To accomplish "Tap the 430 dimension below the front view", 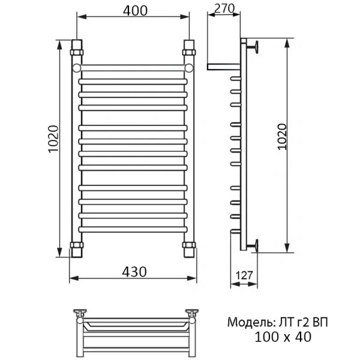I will (134, 271).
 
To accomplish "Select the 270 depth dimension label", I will (223, 8).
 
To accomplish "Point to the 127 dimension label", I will (244, 277).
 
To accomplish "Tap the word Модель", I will (246, 322).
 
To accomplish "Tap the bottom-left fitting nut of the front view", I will (77, 248).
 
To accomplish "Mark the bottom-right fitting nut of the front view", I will (189, 248).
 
